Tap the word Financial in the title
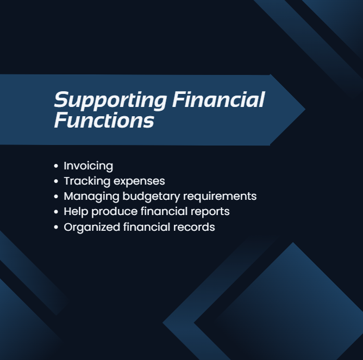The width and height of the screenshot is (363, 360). click(x=218, y=100)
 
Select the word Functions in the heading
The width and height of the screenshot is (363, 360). click(x=104, y=120)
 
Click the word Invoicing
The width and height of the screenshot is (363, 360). click(x=88, y=166)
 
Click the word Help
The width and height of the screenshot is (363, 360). click(x=74, y=211)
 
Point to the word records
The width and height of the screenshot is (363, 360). click(x=195, y=226)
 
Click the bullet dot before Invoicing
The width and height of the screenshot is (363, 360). click(x=56, y=166)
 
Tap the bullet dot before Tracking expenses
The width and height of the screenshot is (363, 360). click(x=56, y=181)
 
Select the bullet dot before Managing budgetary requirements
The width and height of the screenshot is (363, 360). click(x=56, y=197)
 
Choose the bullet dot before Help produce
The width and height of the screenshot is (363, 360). click(x=56, y=212)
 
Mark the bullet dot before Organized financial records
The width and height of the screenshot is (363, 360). click(x=56, y=227)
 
